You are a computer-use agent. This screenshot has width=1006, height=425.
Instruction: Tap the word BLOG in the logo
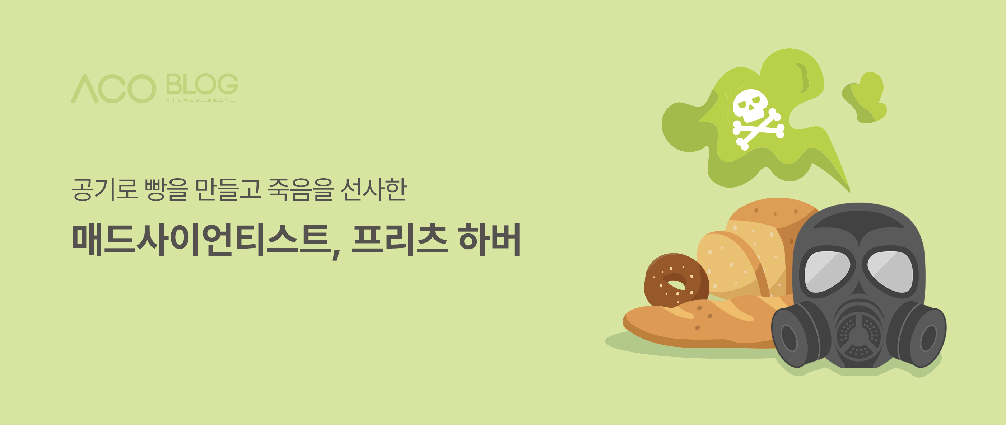coord(201,84)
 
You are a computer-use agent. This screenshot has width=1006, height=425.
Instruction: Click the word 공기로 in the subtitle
coord(105,190)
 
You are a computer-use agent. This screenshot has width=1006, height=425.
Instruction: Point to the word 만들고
coord(228,190)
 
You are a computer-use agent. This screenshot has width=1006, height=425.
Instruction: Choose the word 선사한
coord(374,190)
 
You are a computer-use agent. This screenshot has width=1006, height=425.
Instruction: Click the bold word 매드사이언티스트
coord(201,239)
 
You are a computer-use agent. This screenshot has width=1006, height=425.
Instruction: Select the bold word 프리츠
coord(399,239)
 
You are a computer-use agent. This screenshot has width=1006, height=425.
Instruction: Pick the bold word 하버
coord(489,239)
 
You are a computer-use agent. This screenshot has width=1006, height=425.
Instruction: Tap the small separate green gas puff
coord(865,98)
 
